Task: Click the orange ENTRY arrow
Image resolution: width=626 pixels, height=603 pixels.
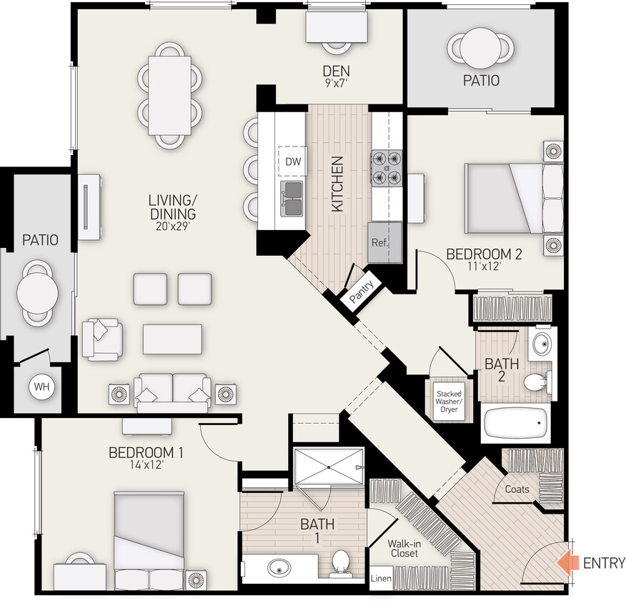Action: pyautogui.click(x=569, y=562)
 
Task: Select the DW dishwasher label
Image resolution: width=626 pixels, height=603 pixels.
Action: pyautogui.click(x=293, y=161)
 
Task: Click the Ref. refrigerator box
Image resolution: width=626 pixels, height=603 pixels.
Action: pyautogui.click(x=379, y=242)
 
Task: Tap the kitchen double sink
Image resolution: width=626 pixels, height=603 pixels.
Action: pyautogui.click(x=293, y=197)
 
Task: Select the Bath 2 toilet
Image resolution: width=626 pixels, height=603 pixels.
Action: pyautogui.click(x=536, y=383)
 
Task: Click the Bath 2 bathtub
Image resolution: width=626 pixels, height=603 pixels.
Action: pyautogui.click(x=515, y=424)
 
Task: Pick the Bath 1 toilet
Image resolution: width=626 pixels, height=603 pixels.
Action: pyautogui.click(x=340, y=563)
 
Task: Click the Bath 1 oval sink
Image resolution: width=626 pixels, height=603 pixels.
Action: pyautogui.click(x=279, y=569)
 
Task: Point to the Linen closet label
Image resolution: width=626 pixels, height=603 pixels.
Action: pyautogui.click(x=380, y=578)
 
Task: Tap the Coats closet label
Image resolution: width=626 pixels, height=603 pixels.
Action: pyautogui.click(x=517, y=489)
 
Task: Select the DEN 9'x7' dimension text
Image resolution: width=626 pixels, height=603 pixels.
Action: pyautogui.click(x=335, y=83)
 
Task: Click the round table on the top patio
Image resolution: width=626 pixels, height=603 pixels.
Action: pyautogui.click(x=480, y=49)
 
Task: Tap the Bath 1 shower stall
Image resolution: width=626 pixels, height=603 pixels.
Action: pyautogui.click(x=329, y=467)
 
